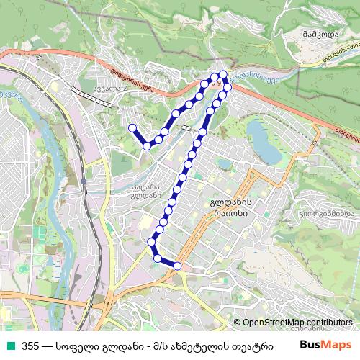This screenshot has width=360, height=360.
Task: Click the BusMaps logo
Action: coord(321,343)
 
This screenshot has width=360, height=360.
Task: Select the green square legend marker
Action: coord(11,345)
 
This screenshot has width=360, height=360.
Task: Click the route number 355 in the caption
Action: coord(30,345)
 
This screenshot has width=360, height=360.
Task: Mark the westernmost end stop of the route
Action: coord(132,128)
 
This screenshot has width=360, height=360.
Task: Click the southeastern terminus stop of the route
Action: coord(178,266)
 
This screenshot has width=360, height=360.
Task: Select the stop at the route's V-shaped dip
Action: coord(147,145)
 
